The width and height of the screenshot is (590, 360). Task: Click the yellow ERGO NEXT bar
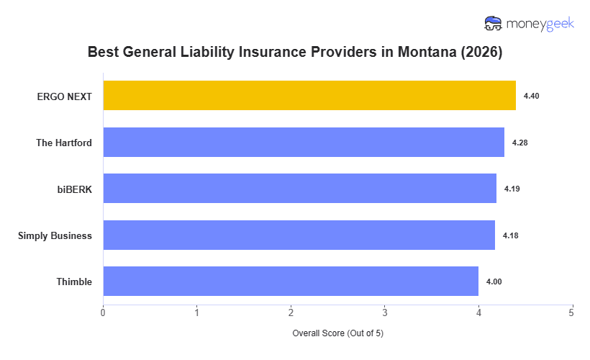[309, 96]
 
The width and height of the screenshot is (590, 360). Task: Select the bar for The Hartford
[304, 143]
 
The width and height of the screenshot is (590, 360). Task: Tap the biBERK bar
[299, 189]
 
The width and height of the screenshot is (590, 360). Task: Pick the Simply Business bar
[299, 235]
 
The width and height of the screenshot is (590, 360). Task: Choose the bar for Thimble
[291, 282]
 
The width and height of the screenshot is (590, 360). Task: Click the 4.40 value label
[531, 96]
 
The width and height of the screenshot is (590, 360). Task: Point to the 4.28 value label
[519, 143]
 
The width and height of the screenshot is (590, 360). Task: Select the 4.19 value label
[512, 189]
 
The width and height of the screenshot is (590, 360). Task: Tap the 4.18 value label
[511, 235]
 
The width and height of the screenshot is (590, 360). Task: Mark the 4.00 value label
[494, 282]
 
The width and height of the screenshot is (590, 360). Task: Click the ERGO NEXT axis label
[64, 96]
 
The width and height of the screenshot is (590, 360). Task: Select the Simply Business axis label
[55, 235]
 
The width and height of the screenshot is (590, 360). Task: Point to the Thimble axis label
[74, 282]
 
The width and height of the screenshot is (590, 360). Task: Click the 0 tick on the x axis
[103, 312]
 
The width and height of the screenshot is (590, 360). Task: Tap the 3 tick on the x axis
[384, 312]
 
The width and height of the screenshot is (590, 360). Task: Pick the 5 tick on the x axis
[572, 312]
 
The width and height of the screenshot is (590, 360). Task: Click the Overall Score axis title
[337, 334]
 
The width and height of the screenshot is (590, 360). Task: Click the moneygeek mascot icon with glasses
[494, 24]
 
